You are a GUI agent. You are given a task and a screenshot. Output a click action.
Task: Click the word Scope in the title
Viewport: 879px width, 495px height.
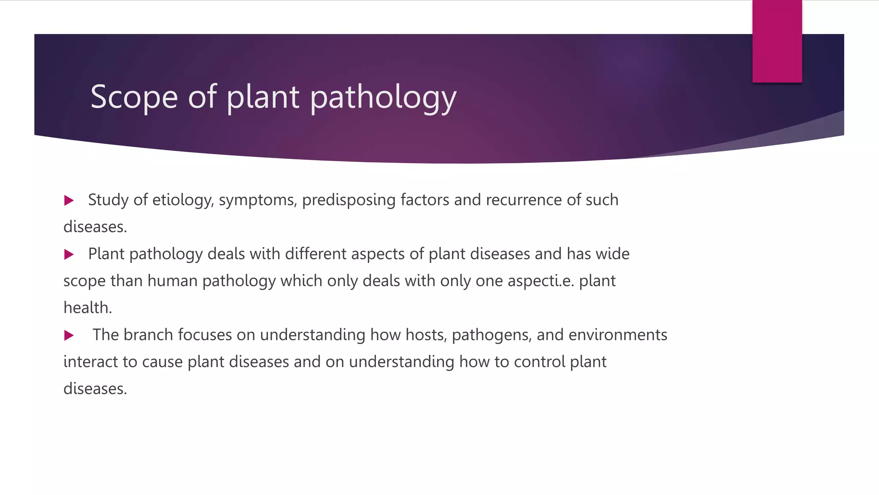pyautogui.click(x=134, y=97)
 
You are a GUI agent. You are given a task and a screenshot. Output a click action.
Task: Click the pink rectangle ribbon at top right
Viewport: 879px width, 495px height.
pyautogui.click(x=777, y=41)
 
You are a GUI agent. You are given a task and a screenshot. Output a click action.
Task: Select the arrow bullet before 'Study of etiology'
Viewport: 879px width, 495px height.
pyautogui.click(x=69, y=200)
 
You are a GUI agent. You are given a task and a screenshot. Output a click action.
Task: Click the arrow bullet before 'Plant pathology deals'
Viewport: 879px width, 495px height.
pyautogui.click(x=69, y=254)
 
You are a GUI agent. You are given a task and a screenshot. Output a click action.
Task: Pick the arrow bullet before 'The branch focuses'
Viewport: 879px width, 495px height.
pyautogui.click(x=69, y=335)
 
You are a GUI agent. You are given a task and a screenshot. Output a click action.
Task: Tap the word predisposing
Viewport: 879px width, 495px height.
pyautogui.click(x=349, y=200)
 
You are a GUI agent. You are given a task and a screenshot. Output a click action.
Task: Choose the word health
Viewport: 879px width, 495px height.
pyautogui.click(x=88, y=308)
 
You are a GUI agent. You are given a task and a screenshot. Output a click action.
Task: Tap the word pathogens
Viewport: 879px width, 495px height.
pyautogui.click(x=492, y=335)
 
